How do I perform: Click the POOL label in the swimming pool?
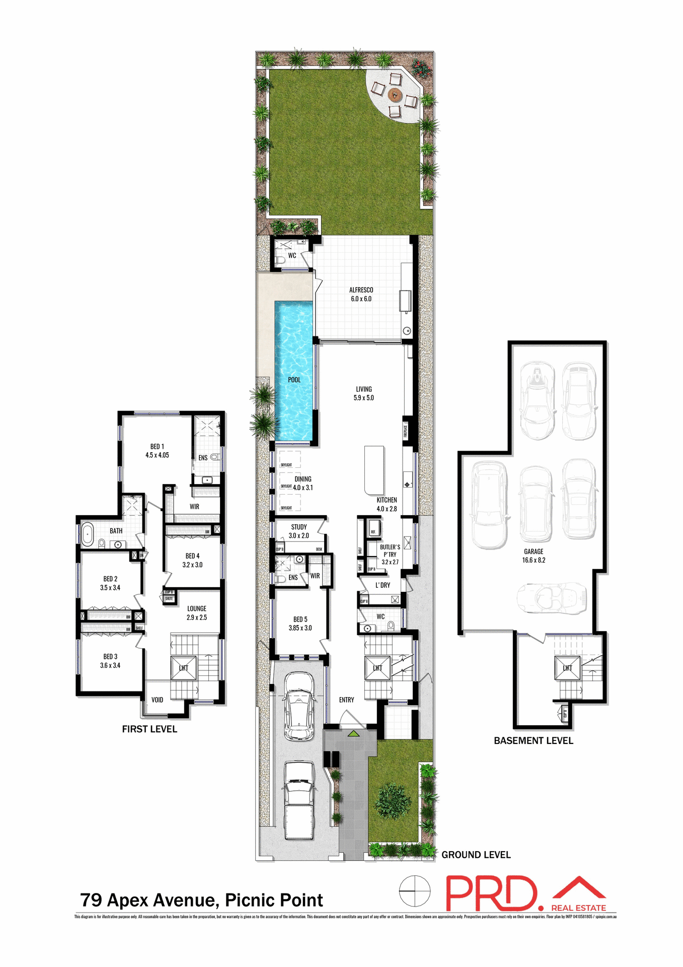[x=294, y=380]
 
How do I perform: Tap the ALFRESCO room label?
[x=361, y=290]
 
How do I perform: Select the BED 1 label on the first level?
[x=157, y=447]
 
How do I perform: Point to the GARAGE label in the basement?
[x=534, y=551]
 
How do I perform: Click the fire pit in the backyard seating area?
[x=395, y=94]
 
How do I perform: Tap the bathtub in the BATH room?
[x=88, y=534]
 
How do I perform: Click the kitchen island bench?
[x=374, y=470]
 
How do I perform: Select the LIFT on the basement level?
[x=567, y=668]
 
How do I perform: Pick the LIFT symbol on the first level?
[x=183, y=668]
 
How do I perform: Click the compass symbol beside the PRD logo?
[x=415, y=891]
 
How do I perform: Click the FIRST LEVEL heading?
[x=149, y=729]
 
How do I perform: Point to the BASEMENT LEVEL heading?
[x=534, y=741]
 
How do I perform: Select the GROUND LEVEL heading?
[x=476, y=855]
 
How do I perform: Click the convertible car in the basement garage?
[x=552, y=598]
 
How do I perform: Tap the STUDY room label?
[x=299, y=527]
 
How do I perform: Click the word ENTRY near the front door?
[x=346, y=700]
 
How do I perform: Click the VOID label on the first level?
[x=157, y=700]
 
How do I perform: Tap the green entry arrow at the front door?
[x=354, y=733]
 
